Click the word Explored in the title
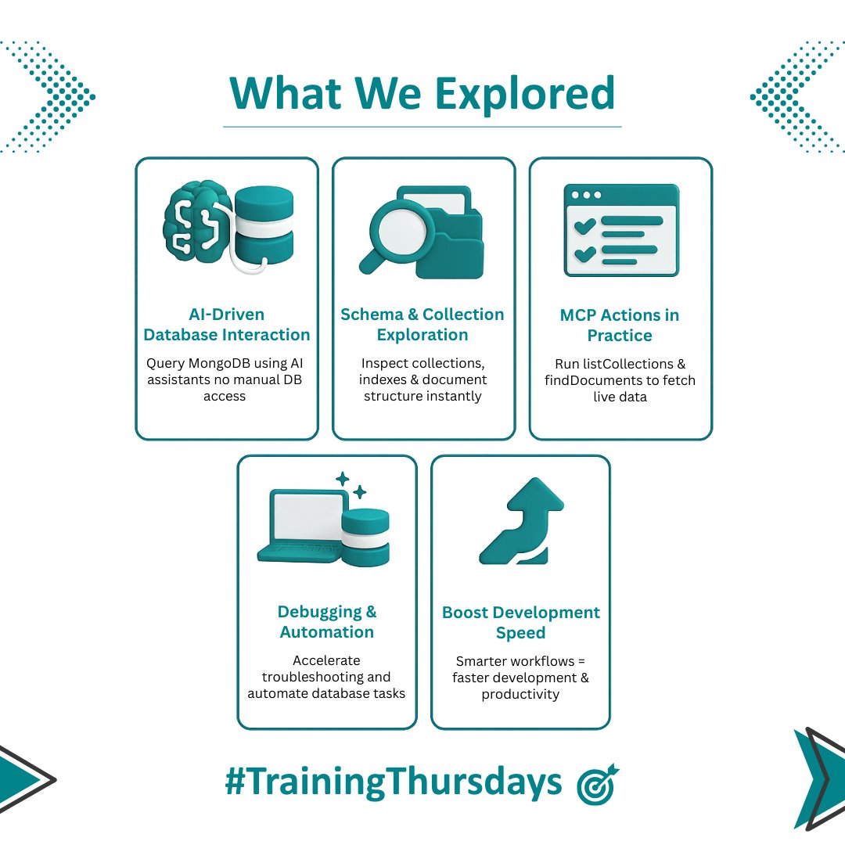click(523, 93)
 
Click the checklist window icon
click(621, 230)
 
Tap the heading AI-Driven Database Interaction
click(227, 325)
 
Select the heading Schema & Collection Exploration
click(422, 325)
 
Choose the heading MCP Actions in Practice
click(620, 325)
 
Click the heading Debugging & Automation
click(326, 622)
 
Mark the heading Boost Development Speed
click(521, 623)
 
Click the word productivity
click(521, 694)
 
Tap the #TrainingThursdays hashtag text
click(394, 782)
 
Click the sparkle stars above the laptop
click(351, 484)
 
